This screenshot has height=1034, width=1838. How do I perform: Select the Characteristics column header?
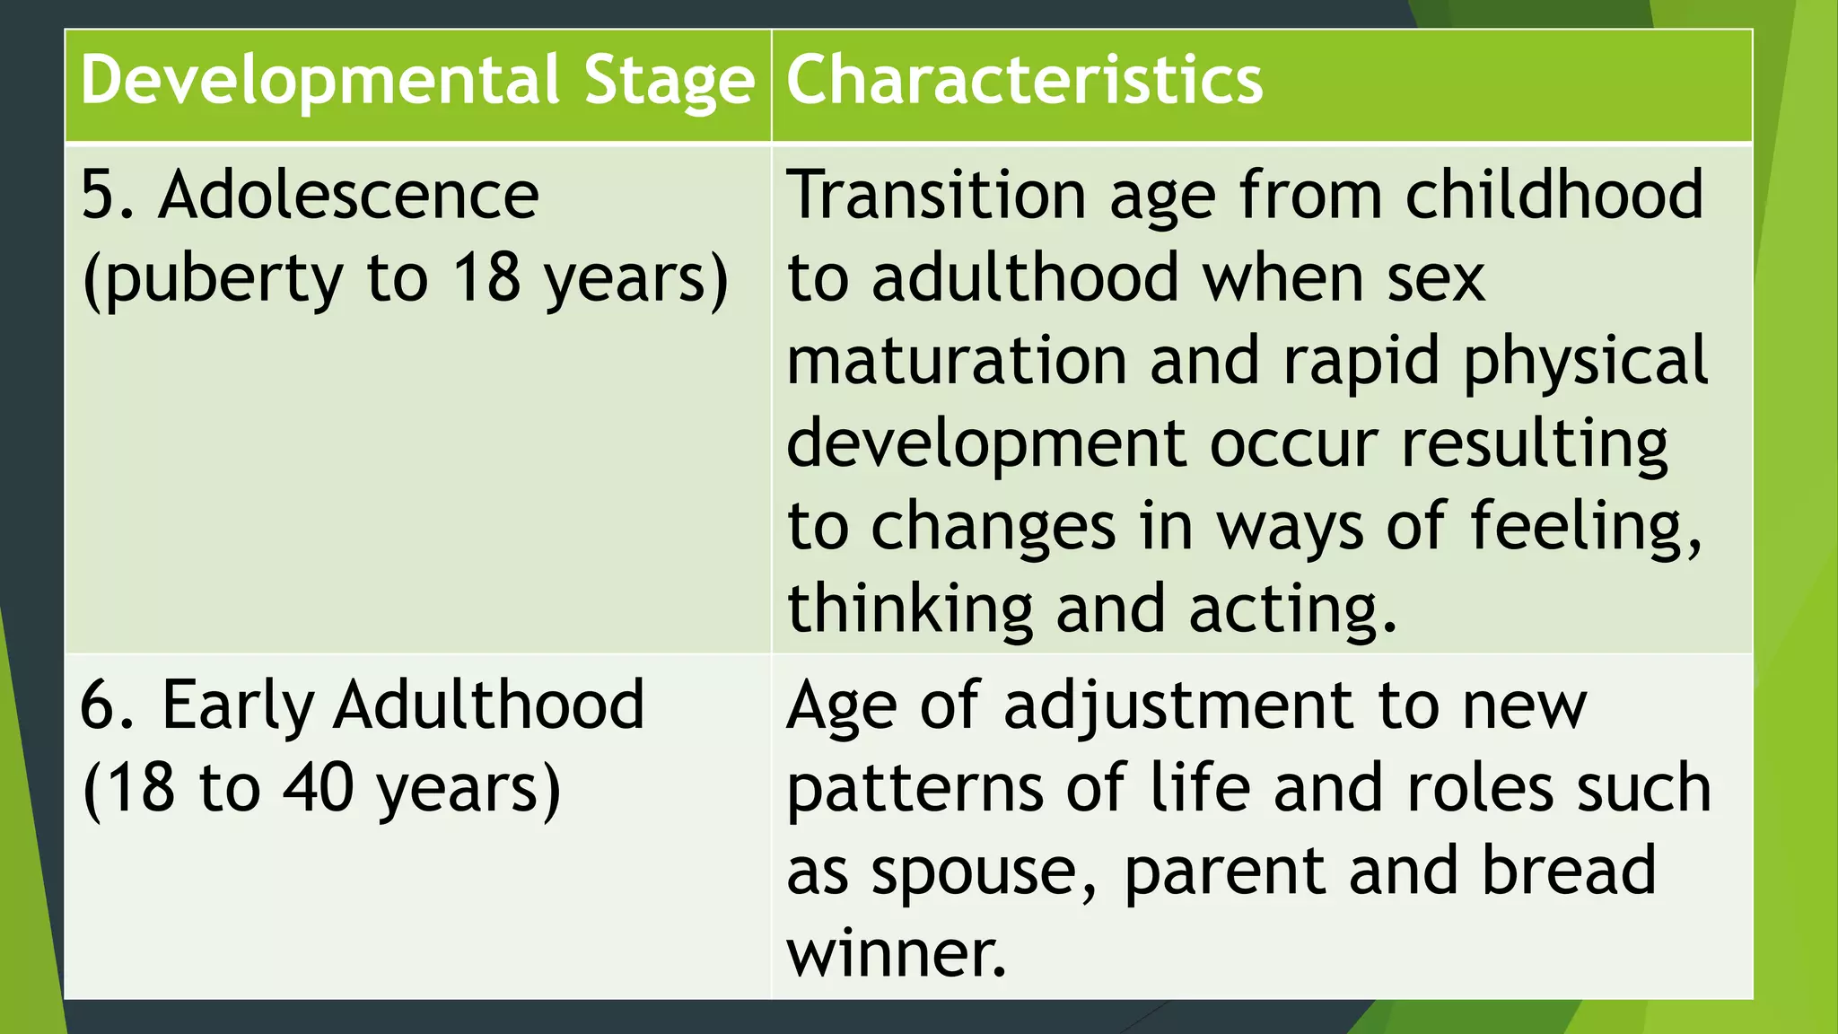(x=1024, y=81)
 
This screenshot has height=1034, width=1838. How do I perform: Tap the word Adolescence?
(x=348, y=195)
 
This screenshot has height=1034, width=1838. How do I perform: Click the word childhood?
(x=1554, y=195)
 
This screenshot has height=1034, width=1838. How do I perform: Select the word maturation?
(x=957, y=362)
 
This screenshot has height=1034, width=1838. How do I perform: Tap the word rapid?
(x=1361, y=362)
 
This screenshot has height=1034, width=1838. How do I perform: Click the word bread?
(x=1568, y=871)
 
